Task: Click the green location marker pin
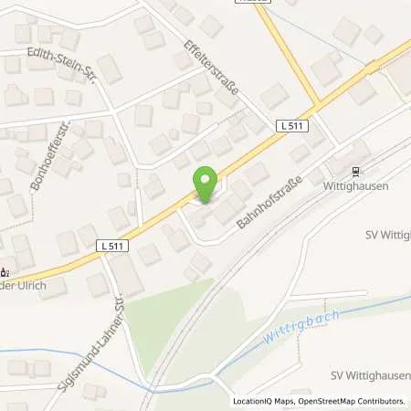coord(205,186)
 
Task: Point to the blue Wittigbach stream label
coord(302,326)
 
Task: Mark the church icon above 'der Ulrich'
coord(5,271)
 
